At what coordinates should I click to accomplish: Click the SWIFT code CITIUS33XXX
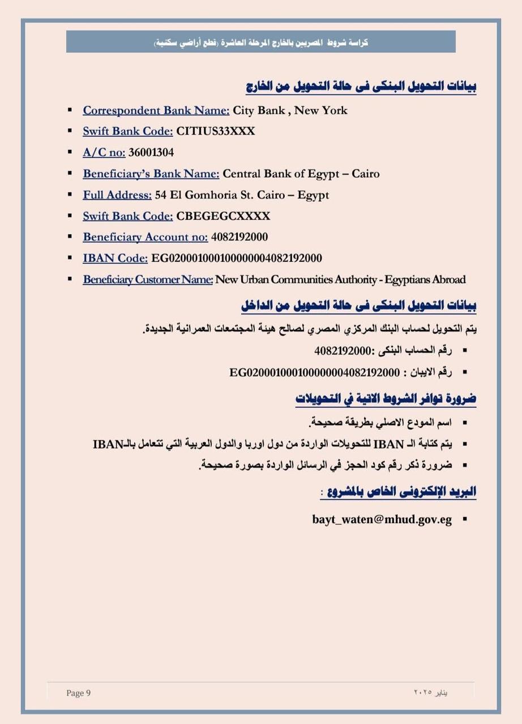point(216,131)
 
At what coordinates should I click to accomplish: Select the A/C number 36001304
point(151,152)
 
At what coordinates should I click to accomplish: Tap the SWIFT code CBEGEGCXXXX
point(223,216)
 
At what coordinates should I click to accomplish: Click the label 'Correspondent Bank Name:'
point(156,110)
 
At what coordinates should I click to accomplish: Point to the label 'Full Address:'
point(117,195)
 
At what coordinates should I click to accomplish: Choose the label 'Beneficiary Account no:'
point(145,237)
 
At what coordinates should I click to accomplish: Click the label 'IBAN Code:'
point(115,258)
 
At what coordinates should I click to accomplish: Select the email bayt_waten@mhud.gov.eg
point(382,519)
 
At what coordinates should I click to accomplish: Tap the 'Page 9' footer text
point(78,693)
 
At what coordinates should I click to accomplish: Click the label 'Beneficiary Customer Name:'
point(148,279)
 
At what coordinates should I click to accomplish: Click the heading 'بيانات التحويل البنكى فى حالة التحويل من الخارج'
point(361,87)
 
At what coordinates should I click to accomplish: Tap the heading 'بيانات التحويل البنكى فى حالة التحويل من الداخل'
point(358,306)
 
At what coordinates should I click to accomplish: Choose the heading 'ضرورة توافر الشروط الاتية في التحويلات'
point(386,399)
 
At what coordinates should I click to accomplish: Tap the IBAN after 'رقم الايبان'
point(314,372)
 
